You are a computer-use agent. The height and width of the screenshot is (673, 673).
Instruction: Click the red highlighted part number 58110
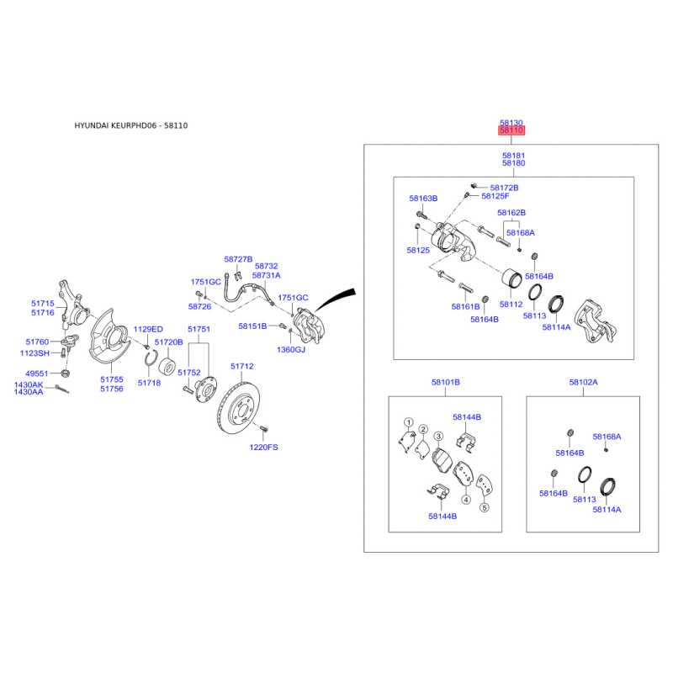coord(511,131)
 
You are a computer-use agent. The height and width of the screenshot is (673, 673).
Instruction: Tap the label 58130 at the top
coord(511,122)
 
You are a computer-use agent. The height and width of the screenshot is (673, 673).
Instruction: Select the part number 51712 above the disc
coord(241,367)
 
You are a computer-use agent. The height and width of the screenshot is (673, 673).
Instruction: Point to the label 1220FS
coord(262,448)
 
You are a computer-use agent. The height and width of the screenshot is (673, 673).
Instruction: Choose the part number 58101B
coord(445,383)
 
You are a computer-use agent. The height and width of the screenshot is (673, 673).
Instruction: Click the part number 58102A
coord(583,383)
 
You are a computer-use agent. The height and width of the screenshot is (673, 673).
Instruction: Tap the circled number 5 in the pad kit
coord(484,508)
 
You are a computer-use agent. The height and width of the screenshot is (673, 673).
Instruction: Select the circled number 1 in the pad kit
coord(408,422)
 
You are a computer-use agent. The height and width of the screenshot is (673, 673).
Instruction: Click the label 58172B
coord(504,188)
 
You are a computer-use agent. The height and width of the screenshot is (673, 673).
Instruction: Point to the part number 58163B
coord(424,199)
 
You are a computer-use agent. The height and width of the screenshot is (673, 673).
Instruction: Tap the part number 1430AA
coord(29,393)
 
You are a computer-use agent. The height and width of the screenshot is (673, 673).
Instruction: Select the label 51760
coord(38,342)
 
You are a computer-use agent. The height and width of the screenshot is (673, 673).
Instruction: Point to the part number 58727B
coord(238,259)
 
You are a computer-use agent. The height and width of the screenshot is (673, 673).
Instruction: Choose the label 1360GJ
coord(292,349)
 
